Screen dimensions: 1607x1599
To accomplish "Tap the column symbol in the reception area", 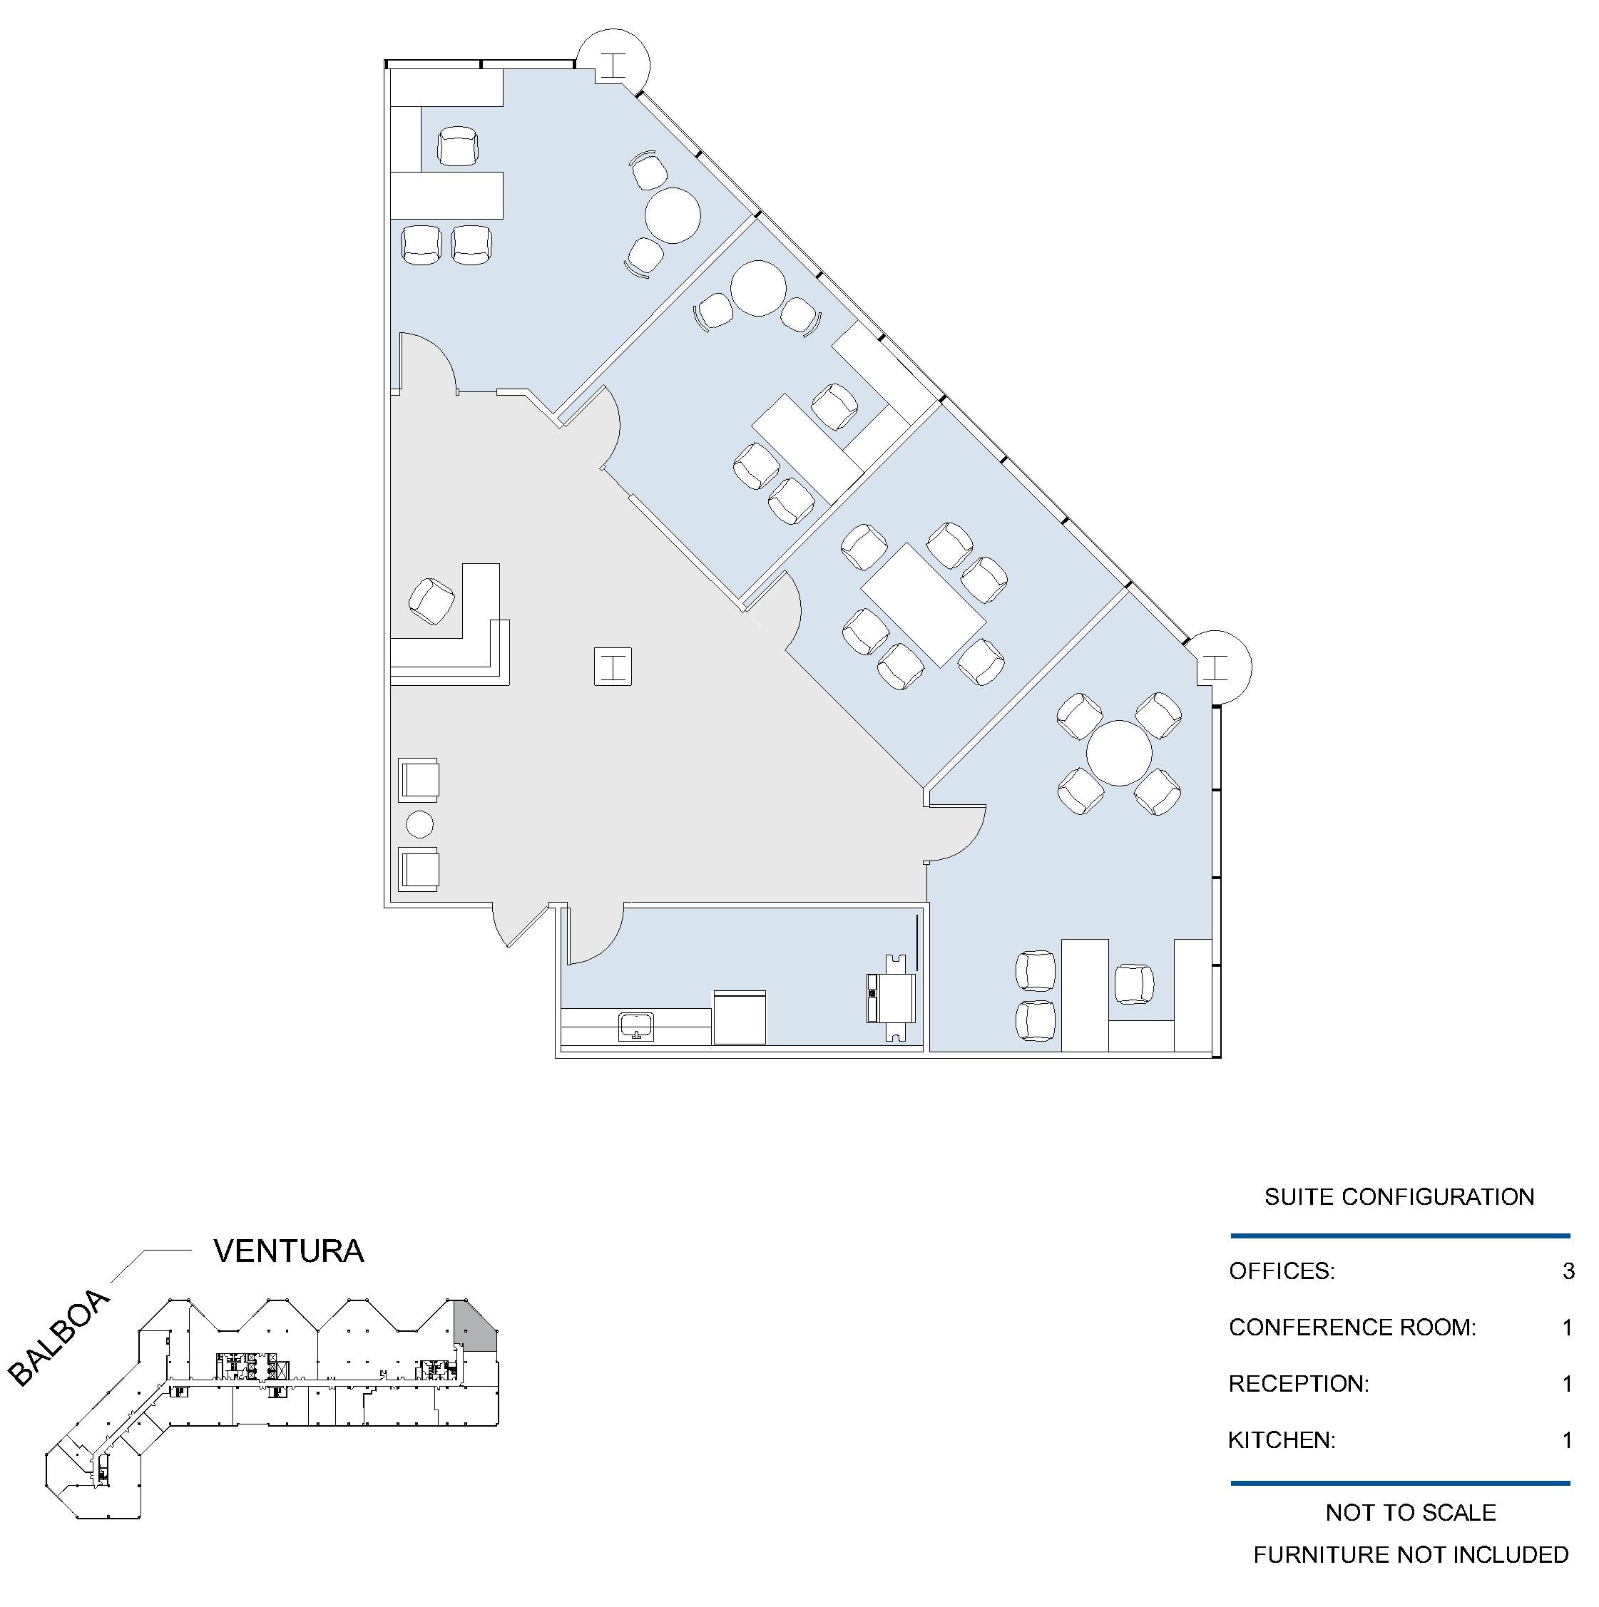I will (x=613, y=666).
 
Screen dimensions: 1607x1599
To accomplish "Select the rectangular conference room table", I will (x=923, y=605).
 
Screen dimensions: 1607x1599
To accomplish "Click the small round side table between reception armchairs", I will (x=419, y=824).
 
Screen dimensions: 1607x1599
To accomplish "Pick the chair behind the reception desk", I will (x=431, y=600).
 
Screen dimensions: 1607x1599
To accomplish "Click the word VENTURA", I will (x=289, y=1251).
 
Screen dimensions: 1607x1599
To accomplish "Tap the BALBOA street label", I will (x=58, y=1338).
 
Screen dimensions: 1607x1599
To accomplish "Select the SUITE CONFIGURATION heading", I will (x=1399, y=1197).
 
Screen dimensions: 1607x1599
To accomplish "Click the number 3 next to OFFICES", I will (x=1568, y=1271).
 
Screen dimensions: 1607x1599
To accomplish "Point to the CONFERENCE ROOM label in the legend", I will (x=1352, y=1328).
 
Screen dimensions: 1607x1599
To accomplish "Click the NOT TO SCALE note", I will (x=1411, y=1512).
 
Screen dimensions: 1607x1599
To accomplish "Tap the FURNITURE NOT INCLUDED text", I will (x=1411, y=1554).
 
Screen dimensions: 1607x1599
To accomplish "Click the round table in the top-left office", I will (x=673, y=215).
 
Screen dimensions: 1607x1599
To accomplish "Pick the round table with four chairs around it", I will (x=1119, y=753).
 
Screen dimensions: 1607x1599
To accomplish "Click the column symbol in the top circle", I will (x=614, y=65).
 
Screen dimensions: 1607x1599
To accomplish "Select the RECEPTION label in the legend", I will (x=1298, y=1384).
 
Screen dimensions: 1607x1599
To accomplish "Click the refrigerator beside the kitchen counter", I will (x=740, y=1017).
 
